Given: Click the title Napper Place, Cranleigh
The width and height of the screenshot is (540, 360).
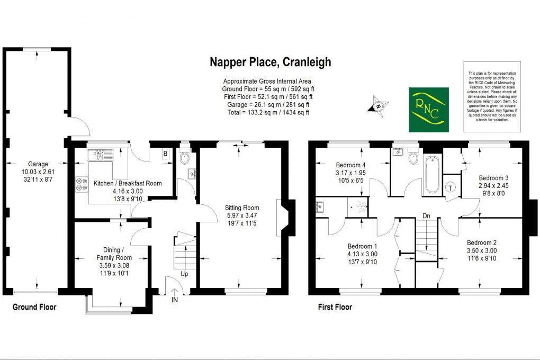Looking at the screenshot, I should pos(269,62).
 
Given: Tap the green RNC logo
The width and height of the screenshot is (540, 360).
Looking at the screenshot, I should pos(428,110).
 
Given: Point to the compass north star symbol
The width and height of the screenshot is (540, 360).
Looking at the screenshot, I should pos(379,105).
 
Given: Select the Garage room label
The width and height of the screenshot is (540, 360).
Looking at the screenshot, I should pos(38,164).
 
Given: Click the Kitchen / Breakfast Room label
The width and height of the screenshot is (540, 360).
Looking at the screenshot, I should pos(127,183).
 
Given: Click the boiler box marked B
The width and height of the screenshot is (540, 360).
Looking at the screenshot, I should pos(165,154).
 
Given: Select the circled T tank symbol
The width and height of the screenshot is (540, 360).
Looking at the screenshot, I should pos(451,187).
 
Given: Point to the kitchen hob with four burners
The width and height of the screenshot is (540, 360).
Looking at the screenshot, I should pos(83,183).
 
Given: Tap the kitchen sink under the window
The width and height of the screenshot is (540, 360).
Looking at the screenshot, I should pos(101,155).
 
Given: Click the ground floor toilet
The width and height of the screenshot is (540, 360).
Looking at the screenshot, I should pos(184,158).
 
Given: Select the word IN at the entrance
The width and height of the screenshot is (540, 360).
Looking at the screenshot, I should pos(175,300).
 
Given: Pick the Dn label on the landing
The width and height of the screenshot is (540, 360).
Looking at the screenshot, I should pos(426,215).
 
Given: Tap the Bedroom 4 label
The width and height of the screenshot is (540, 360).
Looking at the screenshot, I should pos(350,165).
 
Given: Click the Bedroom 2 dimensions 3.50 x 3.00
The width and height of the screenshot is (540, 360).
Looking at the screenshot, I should pos(481,251).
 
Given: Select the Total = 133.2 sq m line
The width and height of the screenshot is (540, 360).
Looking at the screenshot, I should pos(266,112).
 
